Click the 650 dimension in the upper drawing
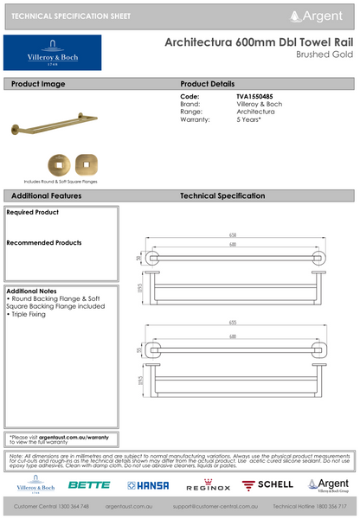233,235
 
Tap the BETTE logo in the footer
89,484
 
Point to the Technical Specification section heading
228,196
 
